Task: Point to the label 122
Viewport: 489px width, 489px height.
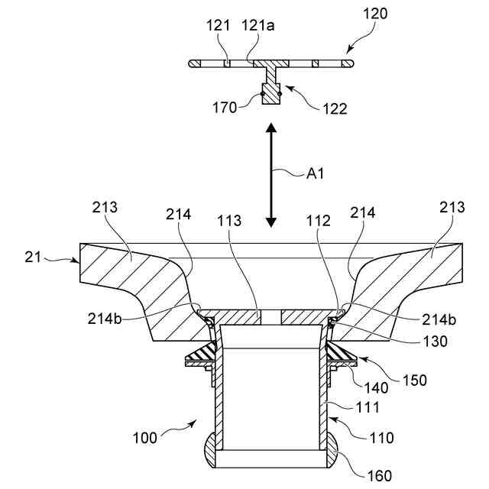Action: pyautogui.click(x=335, y=108)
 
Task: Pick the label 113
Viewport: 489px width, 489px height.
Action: pyautogui.click(x=228, y=222)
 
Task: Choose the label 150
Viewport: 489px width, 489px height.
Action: pyautogui.click(x=415, y=379)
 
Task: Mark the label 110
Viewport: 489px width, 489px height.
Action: pyautogui.click(x=381, y=438)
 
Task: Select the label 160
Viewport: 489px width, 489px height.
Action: pyautogui.click(x=379, y=474)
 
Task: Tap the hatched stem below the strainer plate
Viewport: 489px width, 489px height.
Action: pyautogui.click(x=271, y=86)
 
